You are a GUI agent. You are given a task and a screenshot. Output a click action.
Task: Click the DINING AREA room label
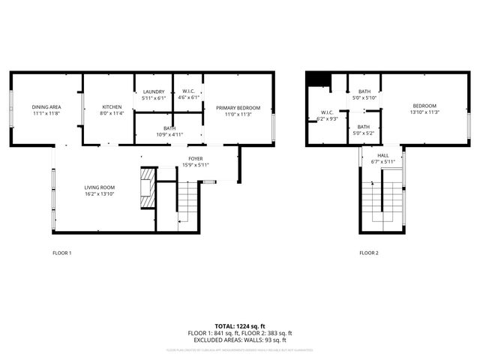[x=46, y=107]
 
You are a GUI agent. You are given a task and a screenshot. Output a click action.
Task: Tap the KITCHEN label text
[x=111, y=107]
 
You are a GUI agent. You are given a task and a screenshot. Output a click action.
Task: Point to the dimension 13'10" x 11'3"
[x=424, y=112]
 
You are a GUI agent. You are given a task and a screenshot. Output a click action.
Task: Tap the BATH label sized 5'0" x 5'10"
[x=364, y=91]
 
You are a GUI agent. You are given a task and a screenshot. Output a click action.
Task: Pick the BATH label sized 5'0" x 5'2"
[x=364, y=127]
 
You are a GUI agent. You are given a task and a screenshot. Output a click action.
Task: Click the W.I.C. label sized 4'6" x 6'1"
[x=188, y=91]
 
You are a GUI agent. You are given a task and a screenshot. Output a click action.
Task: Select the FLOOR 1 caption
[x=61, y=253]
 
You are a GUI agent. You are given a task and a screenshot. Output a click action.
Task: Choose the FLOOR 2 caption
[x=368, y=253]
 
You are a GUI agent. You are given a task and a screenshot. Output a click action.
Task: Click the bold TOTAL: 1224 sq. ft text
[x=240, y=326]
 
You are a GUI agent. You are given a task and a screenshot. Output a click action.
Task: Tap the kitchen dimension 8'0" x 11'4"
[x=111, y=114]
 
